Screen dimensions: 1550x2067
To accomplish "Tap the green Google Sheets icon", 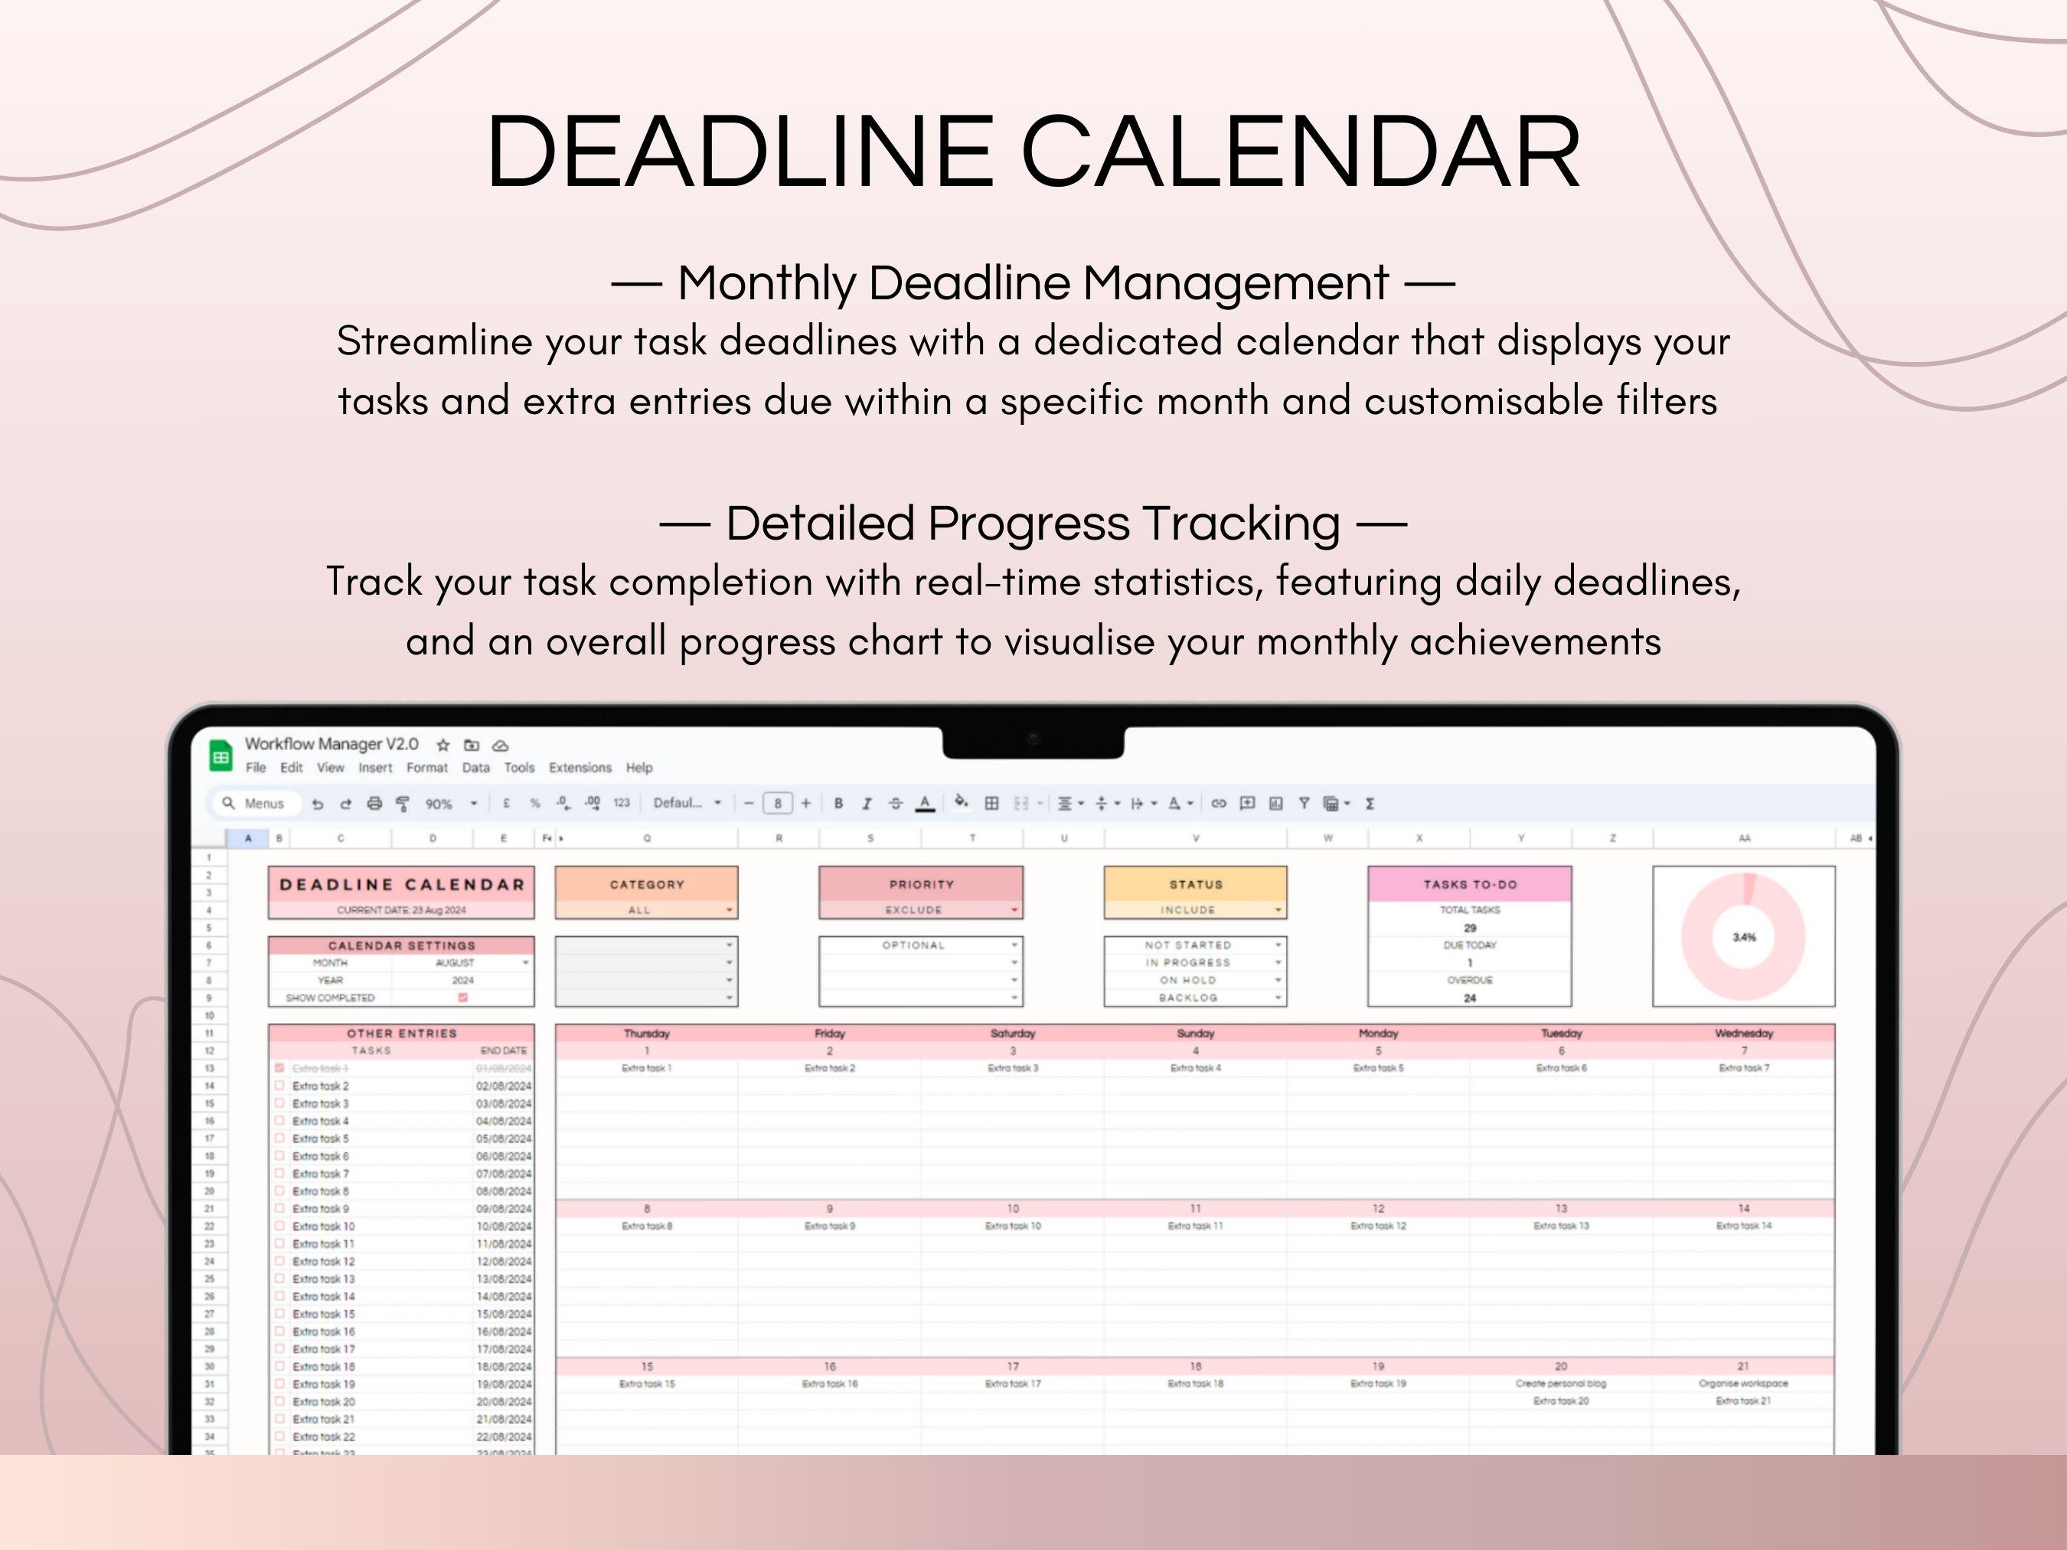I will pyautogui.click(x=220, y=757).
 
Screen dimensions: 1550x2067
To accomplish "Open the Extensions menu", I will pyautogui.click(x=580, y=768).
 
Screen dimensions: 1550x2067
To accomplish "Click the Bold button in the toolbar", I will pyautogui.click(x=838, y=804).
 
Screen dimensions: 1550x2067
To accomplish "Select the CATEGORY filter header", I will pyautogui.click(x=647, y=884).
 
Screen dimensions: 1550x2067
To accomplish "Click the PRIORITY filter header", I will pyautogui.click(x=920, y=884).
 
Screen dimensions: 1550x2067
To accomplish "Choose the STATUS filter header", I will pyautogui.click(x=1195, y=884).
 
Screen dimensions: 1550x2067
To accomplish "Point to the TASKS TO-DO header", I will pyautogui.click(x=1469, y=884).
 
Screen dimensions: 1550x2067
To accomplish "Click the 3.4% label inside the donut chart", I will pyautogui.click(x=1744, y=937).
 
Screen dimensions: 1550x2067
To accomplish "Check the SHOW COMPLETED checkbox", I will pyautogui.click(x=462, y=998).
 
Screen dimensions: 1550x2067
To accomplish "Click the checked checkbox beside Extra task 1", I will pyautogui.click(x=279, y=1068).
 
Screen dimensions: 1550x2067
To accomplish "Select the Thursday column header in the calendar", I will pyautogui.click(x=647, y=1033).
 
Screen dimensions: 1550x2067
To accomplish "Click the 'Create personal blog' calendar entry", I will pyautogui.click(x=1559, y=1384).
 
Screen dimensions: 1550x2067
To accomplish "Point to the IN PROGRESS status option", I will pyautogui.click(x=1187, y=962).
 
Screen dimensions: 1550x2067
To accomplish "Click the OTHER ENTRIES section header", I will pyautogui.click(x=402, y=1033).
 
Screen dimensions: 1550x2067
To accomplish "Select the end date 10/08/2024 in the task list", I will pyautogui.click(x=503, y=1227).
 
